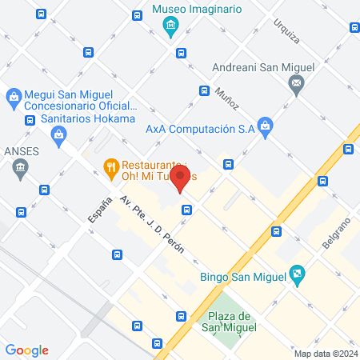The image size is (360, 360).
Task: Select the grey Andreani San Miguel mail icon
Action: tap(297, 84)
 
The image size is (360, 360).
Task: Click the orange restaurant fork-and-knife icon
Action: tap(110, 166)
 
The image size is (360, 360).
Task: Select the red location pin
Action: tap(182, 178)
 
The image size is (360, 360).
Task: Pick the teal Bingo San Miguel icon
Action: tap(297, 274)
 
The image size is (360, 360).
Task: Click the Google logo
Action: tap(26, 350)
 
